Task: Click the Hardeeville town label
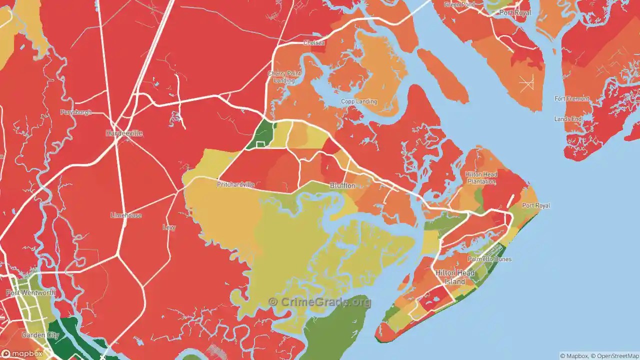pos(124,133)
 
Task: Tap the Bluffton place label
pos(342,185)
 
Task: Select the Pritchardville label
pos(235,184)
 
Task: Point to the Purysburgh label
pos(76,112)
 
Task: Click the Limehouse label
pos(126,215)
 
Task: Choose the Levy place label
pos(169,227)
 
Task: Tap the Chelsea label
pos(314,43)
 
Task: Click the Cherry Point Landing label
pos(284,77)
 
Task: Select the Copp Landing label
pos(359,101)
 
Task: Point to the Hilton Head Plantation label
pos(481,177)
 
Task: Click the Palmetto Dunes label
pos(489,259)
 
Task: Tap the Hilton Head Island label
pos(455,277)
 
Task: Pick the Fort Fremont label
pos(572,99)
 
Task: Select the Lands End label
pos(568,119)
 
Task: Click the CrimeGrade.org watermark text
pos(320,301)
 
